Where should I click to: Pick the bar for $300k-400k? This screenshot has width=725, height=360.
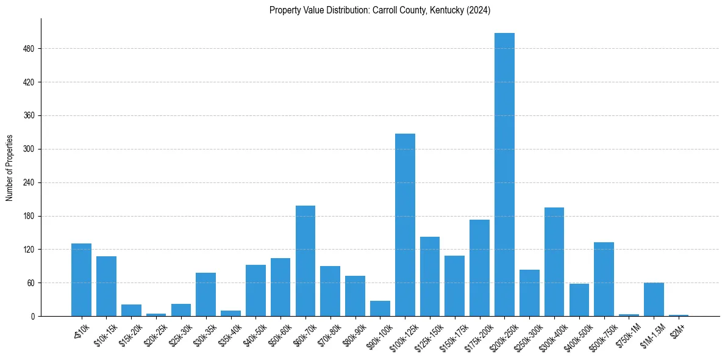pyautogui.click(x=554, y=262)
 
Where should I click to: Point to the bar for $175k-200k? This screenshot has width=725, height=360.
pyautogui.click(x=479, y=268)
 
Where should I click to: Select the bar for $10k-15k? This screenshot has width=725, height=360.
pyautogui.click(x=106, y=286)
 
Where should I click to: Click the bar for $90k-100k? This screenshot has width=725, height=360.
pyautogui.click(x=380, y=308)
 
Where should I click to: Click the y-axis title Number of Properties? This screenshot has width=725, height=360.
pyautogui.click(x=9, y=168)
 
